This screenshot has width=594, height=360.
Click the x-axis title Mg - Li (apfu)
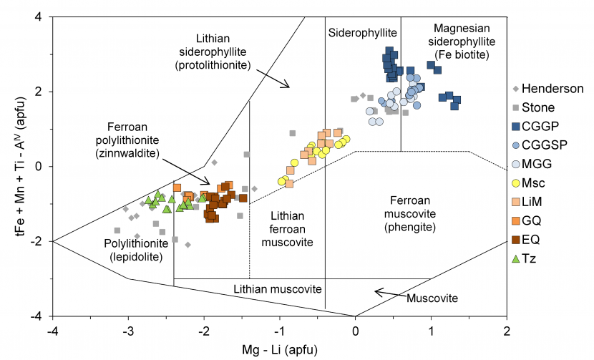click(x=280, y=349)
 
